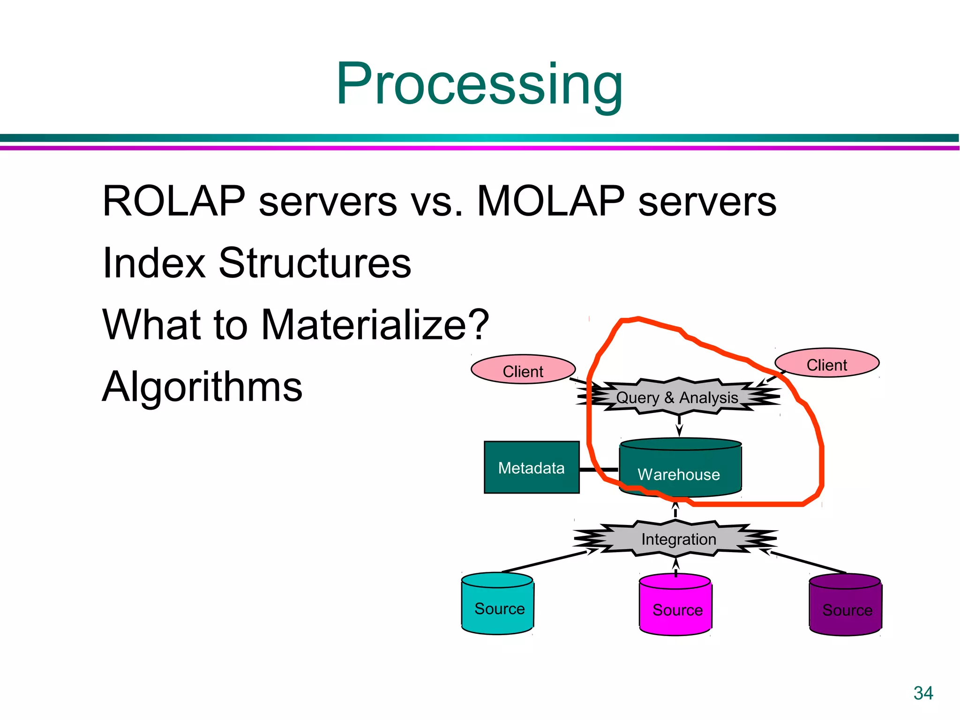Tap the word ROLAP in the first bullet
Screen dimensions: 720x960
pyautogui.click(x=174, y=201)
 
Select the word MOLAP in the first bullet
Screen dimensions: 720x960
pyautogui.click(x=550, y=201)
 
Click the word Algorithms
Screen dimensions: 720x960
pyautogui.click(x=202, y=387)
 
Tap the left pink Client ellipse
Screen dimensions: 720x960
pyautogui.click(x=523, y=370)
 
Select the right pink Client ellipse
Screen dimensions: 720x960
pyautogui.click(x=826, y=363)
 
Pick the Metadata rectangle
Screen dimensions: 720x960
pyautogui.click(x=531, y=467)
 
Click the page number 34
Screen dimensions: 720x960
pyautogui.click(x=922, y=693)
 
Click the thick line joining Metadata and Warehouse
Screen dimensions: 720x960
pyautogui.click(x=599, y=469)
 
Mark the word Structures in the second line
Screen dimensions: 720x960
pyautogui.click(x=315, y=263)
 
